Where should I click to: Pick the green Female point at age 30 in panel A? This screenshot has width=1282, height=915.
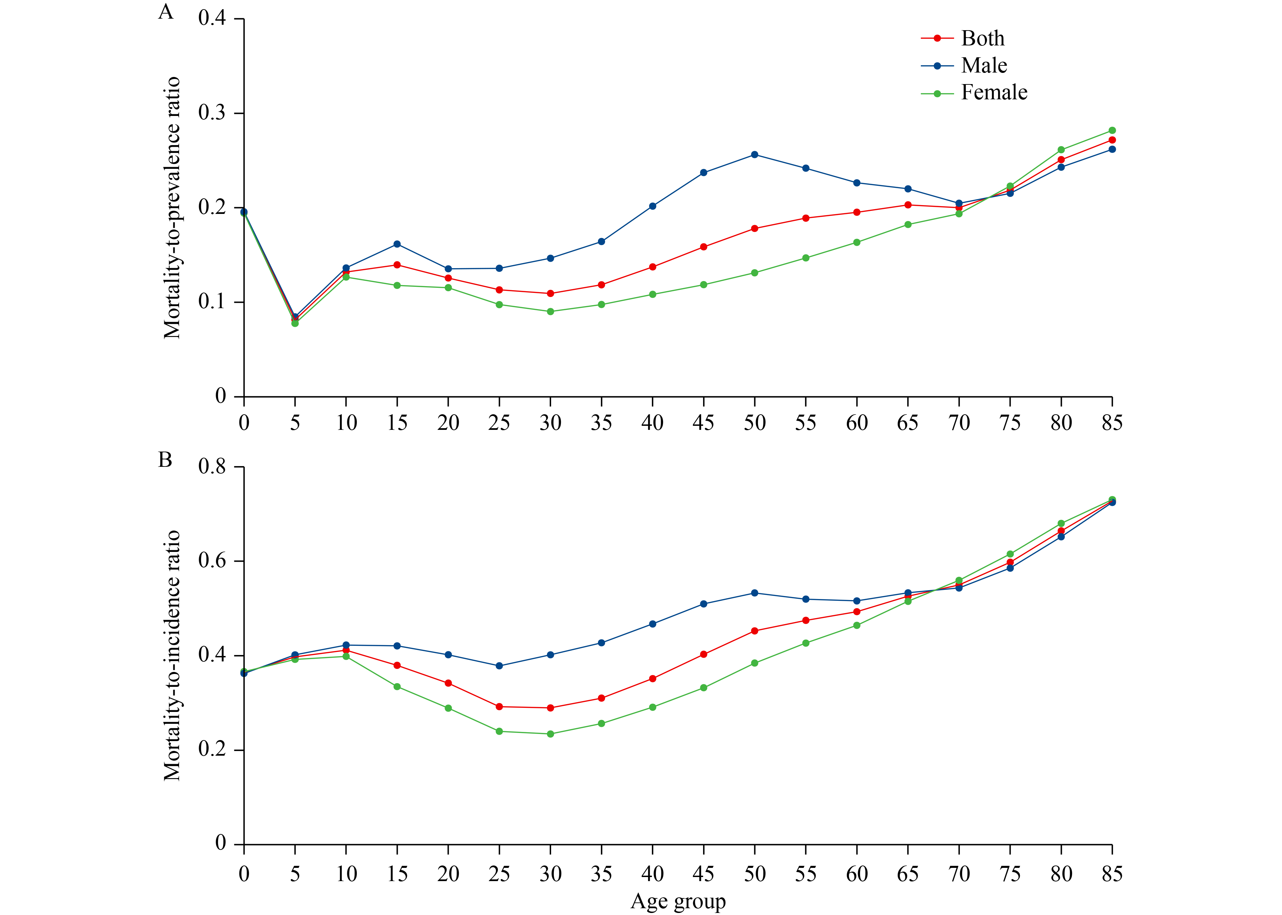(550, 312)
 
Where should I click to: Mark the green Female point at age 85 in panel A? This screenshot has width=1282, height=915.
(1112, 130)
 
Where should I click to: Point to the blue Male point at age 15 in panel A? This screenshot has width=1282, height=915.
(397, 244)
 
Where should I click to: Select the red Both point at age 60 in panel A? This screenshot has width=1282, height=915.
(857, 213)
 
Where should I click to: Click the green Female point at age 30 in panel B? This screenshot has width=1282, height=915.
(550, 734)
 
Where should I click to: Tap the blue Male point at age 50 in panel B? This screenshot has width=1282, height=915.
(755, 593)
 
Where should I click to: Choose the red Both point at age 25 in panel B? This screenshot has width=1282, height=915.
(499, 707)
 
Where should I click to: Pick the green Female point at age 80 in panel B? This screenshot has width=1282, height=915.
(1061, 523)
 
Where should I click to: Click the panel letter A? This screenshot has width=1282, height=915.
(165, 12)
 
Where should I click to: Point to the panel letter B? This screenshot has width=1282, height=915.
(165, 460)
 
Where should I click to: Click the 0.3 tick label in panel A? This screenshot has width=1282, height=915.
(212, 113)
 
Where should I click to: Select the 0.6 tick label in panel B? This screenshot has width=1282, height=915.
(212, 561)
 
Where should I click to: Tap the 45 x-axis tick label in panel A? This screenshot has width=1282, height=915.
(703, 422)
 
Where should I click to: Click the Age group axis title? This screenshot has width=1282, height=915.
(678, 901)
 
